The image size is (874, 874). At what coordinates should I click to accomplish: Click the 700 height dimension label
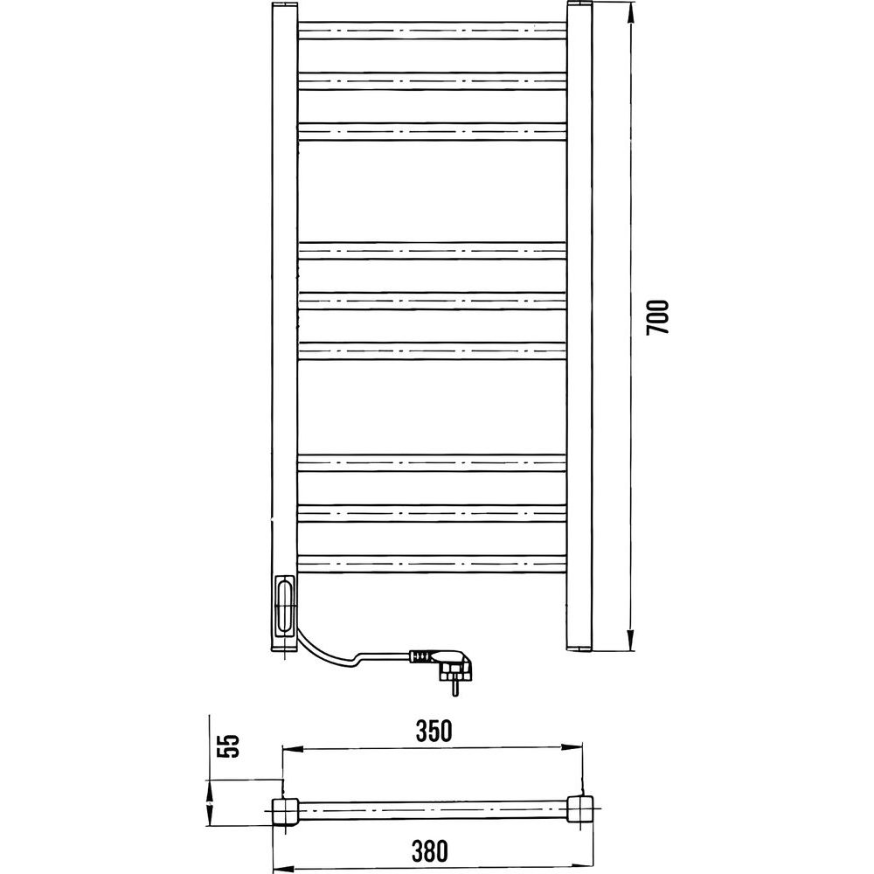(657, 317)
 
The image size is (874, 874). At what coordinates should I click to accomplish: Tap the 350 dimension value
(434, 731)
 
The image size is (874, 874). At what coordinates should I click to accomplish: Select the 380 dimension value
(430, 850)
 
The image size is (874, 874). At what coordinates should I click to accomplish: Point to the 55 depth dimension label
(228, 746)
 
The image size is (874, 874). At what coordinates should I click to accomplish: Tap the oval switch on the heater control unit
(285, 606)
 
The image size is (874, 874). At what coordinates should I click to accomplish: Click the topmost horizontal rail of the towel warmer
(433, 31)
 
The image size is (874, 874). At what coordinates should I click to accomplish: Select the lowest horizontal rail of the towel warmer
(433, 564)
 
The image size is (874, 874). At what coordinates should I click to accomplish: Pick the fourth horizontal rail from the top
(433, 251)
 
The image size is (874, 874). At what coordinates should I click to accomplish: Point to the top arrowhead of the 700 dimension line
(630, 13)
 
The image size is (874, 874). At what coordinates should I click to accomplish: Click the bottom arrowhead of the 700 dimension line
(630, 640)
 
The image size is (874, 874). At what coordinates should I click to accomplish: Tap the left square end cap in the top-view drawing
(286, 812)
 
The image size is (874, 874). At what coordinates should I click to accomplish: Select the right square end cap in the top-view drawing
(580, 810)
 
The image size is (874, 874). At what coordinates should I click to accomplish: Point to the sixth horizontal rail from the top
(433, 351)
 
